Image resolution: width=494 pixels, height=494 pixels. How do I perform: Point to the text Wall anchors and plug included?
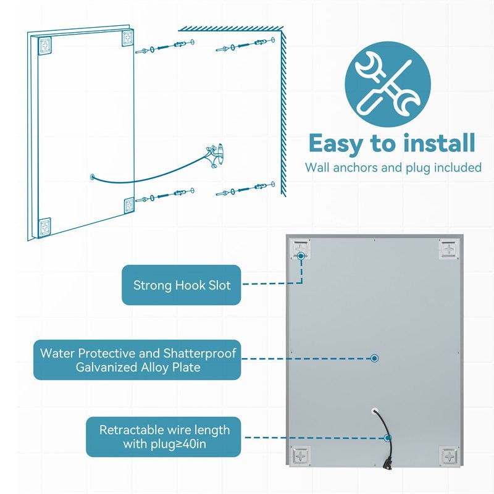393,167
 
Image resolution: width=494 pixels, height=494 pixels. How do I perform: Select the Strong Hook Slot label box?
182,285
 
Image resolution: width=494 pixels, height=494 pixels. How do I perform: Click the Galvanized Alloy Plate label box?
136,360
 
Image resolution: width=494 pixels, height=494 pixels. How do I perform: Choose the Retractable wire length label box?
164,437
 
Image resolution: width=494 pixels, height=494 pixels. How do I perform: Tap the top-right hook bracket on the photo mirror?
447,249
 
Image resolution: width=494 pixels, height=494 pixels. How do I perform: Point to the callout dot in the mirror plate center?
374,358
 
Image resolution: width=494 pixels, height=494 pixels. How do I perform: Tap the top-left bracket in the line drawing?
44,45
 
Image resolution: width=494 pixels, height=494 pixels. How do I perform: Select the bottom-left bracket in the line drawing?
44,227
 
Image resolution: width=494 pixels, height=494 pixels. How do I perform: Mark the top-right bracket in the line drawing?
127,38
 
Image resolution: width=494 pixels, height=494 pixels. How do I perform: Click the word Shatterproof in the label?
201,353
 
